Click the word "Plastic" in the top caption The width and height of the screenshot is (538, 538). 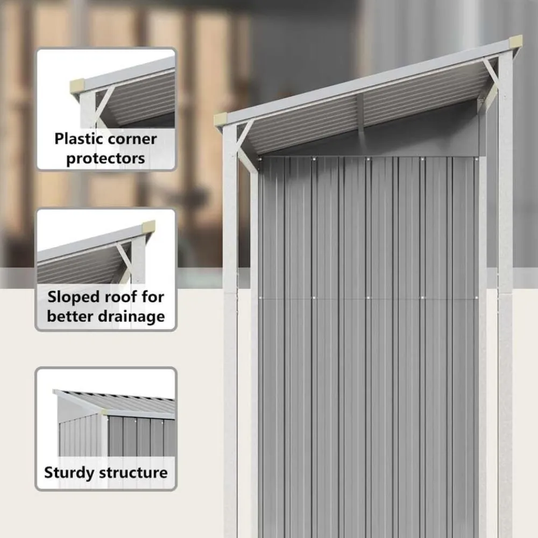tap(79, 139)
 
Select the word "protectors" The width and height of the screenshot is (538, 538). tap(105, 159)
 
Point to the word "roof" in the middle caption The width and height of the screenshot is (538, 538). tap(118, 297)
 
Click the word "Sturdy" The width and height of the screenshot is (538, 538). tap(69, 473)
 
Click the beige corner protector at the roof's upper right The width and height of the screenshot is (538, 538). tap(516, 42)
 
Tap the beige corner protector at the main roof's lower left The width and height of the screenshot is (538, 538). tap(220, 120)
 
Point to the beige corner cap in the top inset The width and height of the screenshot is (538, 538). tap(77, 85)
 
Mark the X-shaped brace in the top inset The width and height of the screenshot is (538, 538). tap(105, 106)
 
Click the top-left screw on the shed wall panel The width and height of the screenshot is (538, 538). tap(260, 159)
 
